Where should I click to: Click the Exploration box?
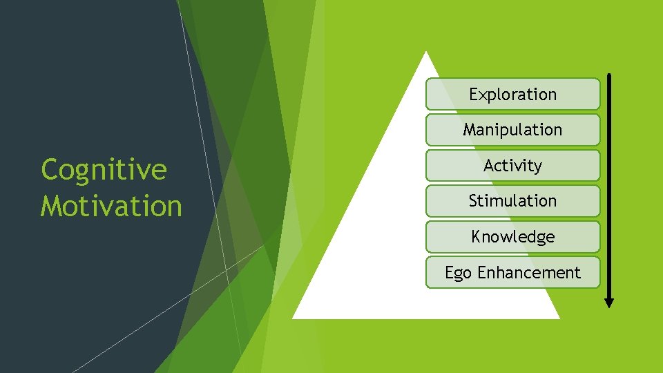(512, 94)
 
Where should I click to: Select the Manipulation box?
(512, 130)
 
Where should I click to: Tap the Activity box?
(512, 166)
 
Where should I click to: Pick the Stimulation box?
(512, 201)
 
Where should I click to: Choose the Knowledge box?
(512, 237)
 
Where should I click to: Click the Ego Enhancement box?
(512, 273)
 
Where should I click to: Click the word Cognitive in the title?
(104, 170)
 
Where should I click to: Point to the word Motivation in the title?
(111, 206)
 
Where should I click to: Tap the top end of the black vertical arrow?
(609, 75)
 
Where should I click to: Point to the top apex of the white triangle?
(427, 52)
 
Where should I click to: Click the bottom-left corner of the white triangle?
(294, 318)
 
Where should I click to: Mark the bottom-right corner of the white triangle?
(558, 318)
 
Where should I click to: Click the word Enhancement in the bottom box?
(529, 273)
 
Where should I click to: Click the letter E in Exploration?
(474, 94)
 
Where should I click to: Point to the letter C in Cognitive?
(50, 170)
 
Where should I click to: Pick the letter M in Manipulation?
(470, 130)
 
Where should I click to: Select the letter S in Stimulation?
(473, 201)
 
